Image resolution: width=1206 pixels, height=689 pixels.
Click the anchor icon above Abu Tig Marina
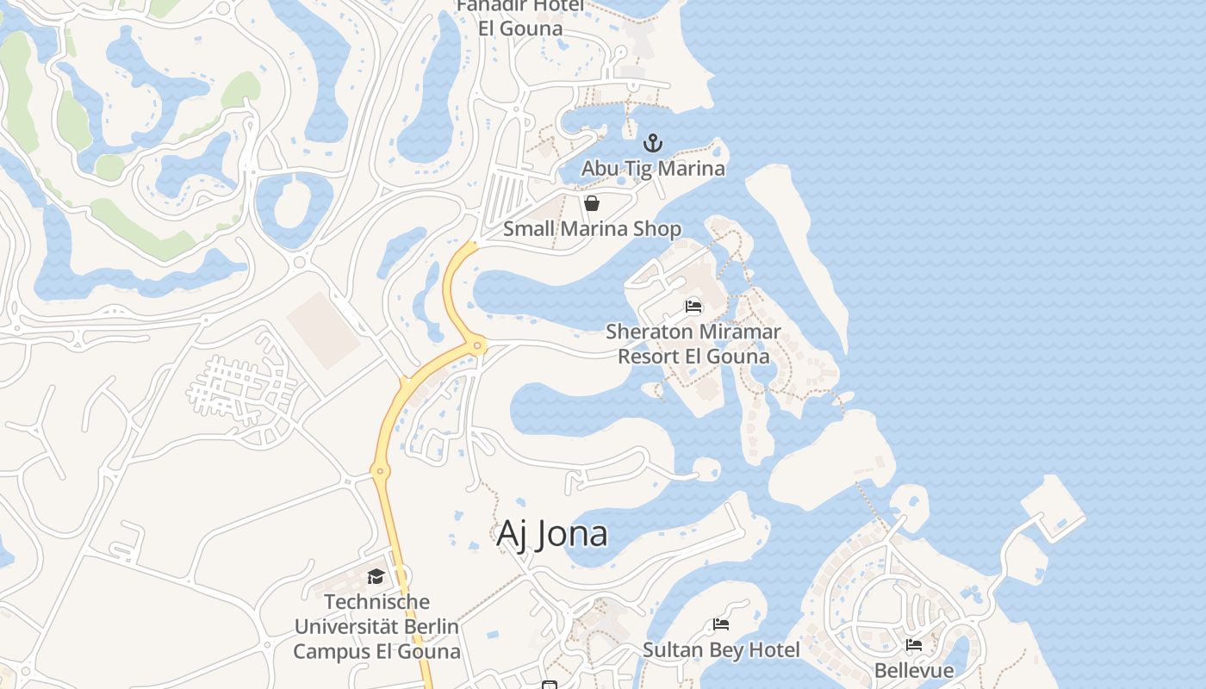[x=653, y=143]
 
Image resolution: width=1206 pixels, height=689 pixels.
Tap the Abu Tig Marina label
[x=653, y=168]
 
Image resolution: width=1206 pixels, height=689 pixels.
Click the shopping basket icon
[x=592, y=203]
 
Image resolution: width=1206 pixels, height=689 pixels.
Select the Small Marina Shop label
[x=592, y=228]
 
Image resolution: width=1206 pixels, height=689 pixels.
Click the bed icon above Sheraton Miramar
[x=693, y=306]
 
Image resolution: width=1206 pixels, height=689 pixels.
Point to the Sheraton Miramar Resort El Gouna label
[x=693, y=344]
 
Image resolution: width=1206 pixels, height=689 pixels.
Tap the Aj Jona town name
[x=552, y=534]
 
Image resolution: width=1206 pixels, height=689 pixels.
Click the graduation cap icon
[x=376, y=576]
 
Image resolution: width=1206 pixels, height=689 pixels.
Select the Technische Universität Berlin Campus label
[x=376, y=626]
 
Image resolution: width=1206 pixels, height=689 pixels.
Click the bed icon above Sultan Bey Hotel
[x=721, y=624]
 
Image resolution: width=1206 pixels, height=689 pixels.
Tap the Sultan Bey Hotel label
[x=721, y=649]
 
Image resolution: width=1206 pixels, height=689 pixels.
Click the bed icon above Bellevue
[x=914, y=644]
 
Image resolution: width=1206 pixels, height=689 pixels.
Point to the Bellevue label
[x=914, y=670]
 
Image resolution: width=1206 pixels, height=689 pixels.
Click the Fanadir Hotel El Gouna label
[x=520, y=17]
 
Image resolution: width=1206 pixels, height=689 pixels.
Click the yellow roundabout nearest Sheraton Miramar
[x=476, y=345]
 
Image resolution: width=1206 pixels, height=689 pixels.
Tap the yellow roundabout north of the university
[x=379, y=470]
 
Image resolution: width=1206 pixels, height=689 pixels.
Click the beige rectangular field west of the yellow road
[x=323, y=330]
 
